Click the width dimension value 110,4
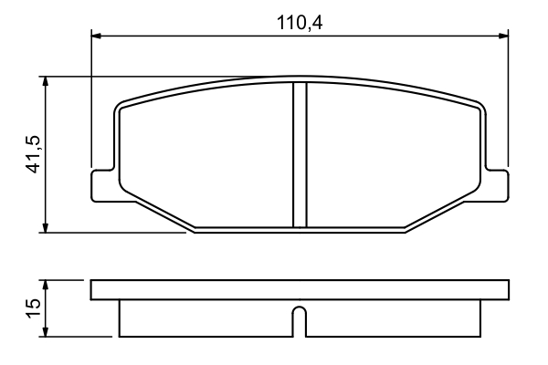point(300,22)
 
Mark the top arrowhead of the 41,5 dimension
point(44,82)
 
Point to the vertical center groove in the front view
point(299,155)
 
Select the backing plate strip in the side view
point(299,290)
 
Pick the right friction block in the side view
point(393,318)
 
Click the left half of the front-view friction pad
point(205,155)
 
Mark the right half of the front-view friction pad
point(393,155)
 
